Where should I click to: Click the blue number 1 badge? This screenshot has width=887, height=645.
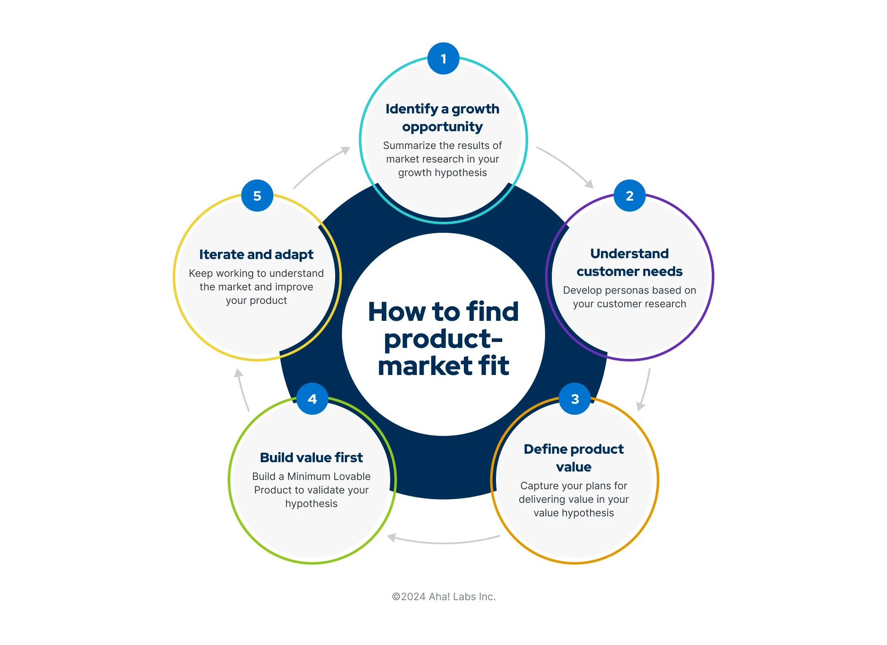[x=443, y=58]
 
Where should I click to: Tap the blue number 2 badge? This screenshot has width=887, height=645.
[x=629, y=196]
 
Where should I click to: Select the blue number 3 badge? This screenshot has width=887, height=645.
[x=574, y=399]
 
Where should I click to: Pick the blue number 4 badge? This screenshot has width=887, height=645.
[x=312, y=399]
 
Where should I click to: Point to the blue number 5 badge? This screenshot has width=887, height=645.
[x=257, y=196]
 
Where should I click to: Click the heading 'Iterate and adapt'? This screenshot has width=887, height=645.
[x=256, y=254]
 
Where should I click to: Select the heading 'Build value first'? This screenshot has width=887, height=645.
[x=311, y=458]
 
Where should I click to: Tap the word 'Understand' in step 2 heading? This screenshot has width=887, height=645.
[x=629, y=254]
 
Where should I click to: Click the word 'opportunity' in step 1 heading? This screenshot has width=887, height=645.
[x=442, y=127]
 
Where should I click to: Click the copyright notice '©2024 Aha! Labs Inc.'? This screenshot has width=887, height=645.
[x=443, y=596]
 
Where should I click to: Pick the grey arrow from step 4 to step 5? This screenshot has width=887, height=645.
[x=242, y=389]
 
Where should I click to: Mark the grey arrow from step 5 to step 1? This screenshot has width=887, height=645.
[x=321, y=166]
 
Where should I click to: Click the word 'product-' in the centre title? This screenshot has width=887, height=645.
[x=443, y=339]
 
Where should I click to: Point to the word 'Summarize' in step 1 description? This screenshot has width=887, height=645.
[x=409, y=146]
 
